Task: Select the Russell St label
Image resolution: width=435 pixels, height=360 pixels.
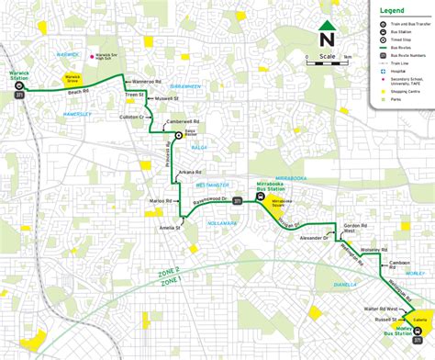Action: click(371, 321)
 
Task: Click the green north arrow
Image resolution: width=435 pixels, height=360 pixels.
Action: click(326, 27)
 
